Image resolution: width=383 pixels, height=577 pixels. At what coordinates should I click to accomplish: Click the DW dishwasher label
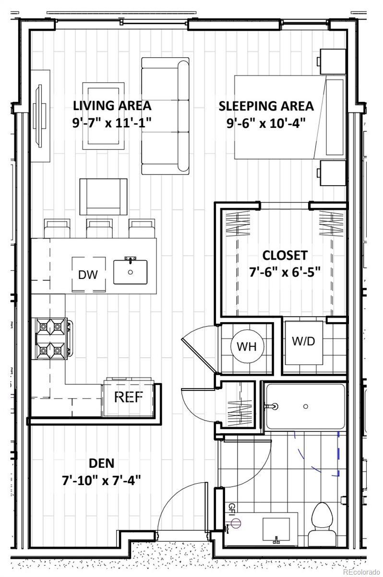pyautogui.click(x=88, y=275)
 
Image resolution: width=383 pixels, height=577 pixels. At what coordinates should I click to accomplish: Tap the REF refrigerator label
pyautogui.click(x=128, y=397)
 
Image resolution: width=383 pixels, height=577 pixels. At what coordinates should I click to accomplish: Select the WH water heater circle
pyautogui.click(x=247, y=346)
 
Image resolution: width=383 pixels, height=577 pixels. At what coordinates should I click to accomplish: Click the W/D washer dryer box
pyautogui.click(x=304, y=342)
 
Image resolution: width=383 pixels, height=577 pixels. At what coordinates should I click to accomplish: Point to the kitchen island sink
pyautogui.click(x=131, y=272)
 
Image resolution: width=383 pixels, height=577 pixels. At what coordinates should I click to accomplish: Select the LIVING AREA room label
pyautogui.click(x=112, y=106)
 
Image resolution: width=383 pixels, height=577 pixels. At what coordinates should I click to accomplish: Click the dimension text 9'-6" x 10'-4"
pyautogui.click(x=266, y=123)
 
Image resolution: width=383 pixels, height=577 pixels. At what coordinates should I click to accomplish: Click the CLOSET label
pyautogui.click(x=285, y=255)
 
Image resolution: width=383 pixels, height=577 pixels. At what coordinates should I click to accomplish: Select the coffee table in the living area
pyautogui.click(x=103, y=116)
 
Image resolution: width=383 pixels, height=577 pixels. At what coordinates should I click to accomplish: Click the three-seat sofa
pyautogui.click(x=165, y=116)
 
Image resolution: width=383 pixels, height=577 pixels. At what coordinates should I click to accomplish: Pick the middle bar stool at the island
pyautogui.click(x=99, y=228)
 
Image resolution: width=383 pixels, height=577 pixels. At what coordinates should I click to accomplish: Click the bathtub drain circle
pyautogui.click(x=306, y=406)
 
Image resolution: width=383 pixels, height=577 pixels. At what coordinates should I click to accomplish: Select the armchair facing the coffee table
pyautogui.click(x=103, y=197)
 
